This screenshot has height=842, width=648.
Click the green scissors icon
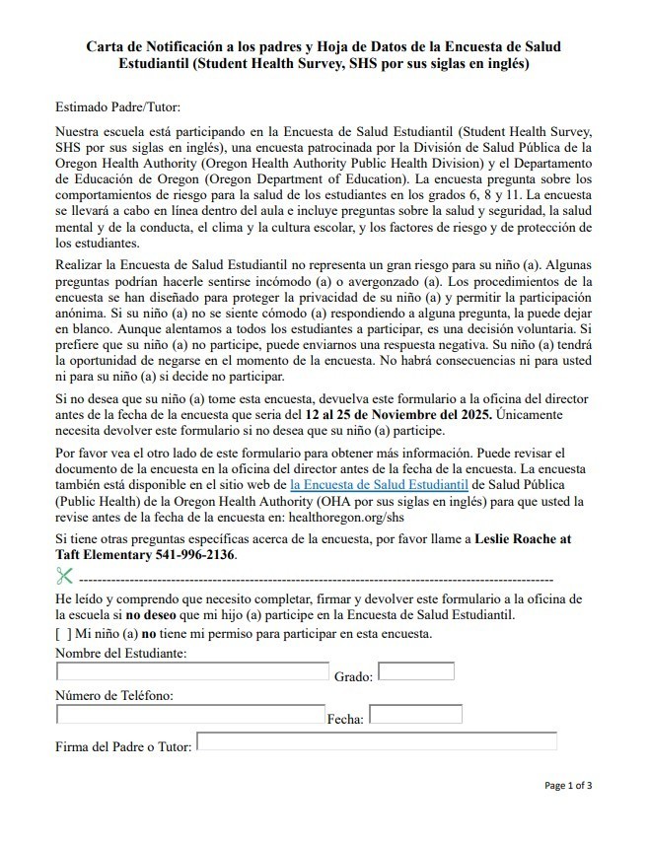coord(65,576)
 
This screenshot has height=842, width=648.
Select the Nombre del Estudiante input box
coord(192,671)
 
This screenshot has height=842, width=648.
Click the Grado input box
coord(416,671)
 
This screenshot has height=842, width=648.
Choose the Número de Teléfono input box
coord(190,714)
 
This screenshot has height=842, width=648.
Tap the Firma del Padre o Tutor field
coord(377,741)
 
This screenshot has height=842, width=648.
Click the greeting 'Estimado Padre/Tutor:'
coord(118,106)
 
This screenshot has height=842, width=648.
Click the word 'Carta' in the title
coord(107,46)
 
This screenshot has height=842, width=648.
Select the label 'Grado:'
coord(353,677)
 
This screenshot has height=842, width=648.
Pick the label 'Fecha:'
coord(345,720)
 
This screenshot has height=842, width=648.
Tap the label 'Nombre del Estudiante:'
coord(121,654)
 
